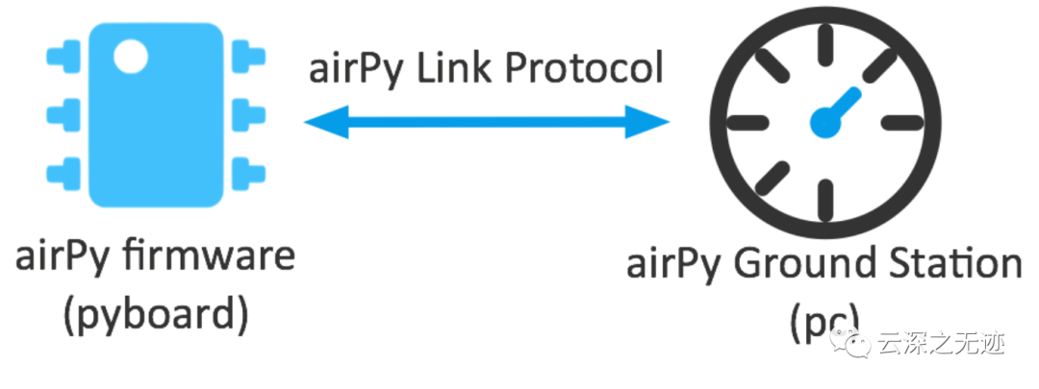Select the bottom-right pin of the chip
coord(249,173)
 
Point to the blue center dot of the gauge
coord(825,120)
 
